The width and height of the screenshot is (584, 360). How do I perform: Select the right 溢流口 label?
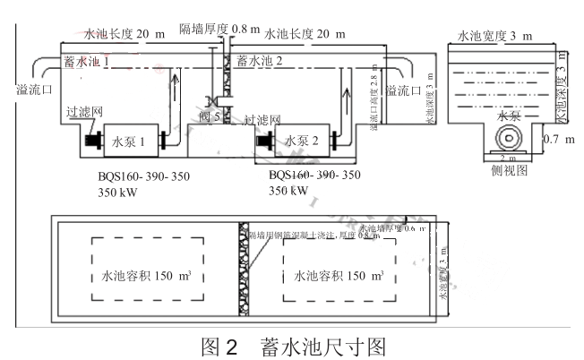[x=403, y=90]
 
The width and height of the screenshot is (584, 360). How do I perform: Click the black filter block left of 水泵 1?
[x=93, y=141]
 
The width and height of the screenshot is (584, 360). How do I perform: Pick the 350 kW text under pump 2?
[x=289, y=190]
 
